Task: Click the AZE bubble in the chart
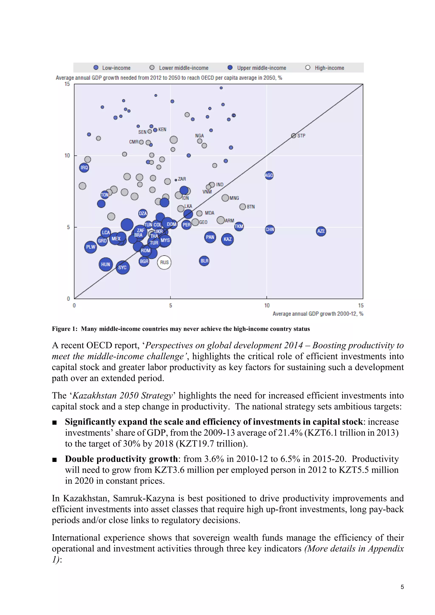coord(321,231)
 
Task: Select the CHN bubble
coord(270,230)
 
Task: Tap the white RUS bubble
coord(164,262)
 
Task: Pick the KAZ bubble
coord(227,239)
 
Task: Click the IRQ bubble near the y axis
coord(84,168)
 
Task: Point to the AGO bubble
coord(269,175)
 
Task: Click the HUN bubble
coord(106,264)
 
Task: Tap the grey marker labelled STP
coord(294,136)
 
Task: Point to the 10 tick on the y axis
coord(67,156)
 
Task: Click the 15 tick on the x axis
coord(361,306)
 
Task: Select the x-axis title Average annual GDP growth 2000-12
coord(318,314)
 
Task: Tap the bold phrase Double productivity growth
coord(121,459)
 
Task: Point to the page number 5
coord(402,587)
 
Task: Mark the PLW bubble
coord(90,247)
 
